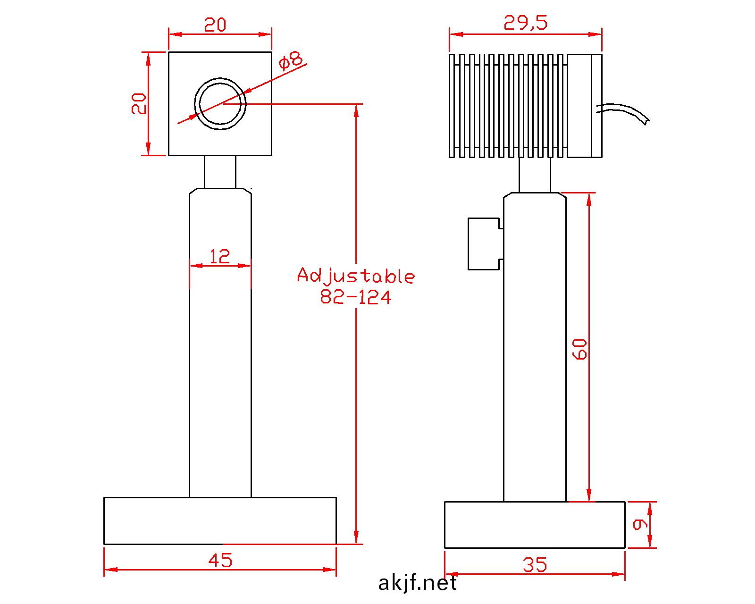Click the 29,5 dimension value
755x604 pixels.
(525, 23)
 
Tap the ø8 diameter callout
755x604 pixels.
(291, 60)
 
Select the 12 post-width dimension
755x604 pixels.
(219, 257)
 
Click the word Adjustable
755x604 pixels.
(356, 276)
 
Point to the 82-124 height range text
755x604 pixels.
(356, 297)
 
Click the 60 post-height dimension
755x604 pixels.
(579, 349)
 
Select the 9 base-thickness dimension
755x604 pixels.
(640, 524)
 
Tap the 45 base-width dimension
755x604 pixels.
(220, 560)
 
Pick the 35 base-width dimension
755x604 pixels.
(535, 565)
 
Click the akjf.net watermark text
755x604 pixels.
(418, 583)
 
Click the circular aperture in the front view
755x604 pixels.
(220, 103)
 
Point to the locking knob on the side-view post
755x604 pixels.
(484, 243)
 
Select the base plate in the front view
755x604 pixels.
(220, 520)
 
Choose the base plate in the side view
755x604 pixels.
(535, 525)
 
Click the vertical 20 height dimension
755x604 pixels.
(139, 103)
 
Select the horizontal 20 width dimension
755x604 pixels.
(215, 25)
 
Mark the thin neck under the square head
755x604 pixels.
(220, 172)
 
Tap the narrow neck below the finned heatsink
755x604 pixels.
(535, 175)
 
